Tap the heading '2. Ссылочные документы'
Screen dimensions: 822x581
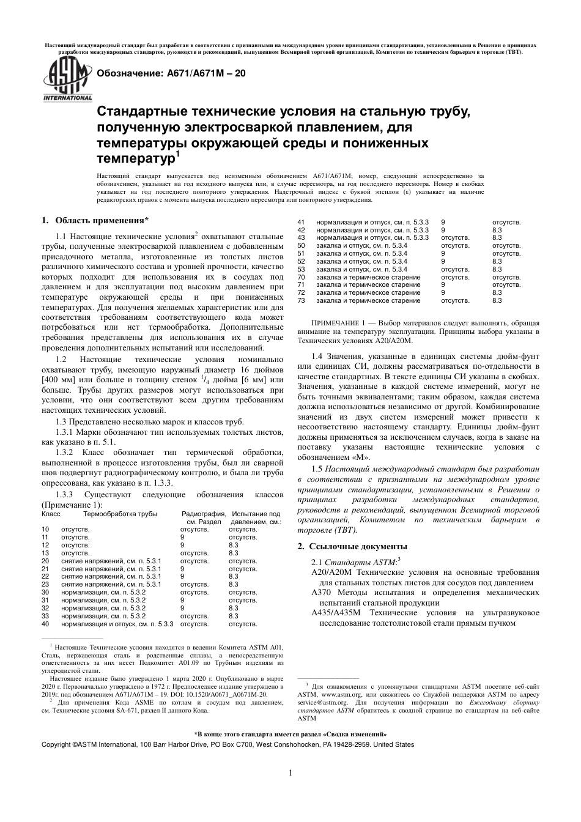pyautogui.click(x=352, y=546)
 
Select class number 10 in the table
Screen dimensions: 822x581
pyautogui.click(x=45, y=530)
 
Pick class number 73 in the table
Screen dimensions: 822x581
pyautogui.click(x=301, y=301)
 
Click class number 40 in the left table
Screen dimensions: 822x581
pyautogui.click(x=45, y=624)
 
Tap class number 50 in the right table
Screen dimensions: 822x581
pyautogui.click(x=301, y=245)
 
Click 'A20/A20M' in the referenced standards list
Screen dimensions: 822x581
pyautogui.click(x=331, y=572)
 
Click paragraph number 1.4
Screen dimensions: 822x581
pyautogui.click(x=317, y=356)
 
